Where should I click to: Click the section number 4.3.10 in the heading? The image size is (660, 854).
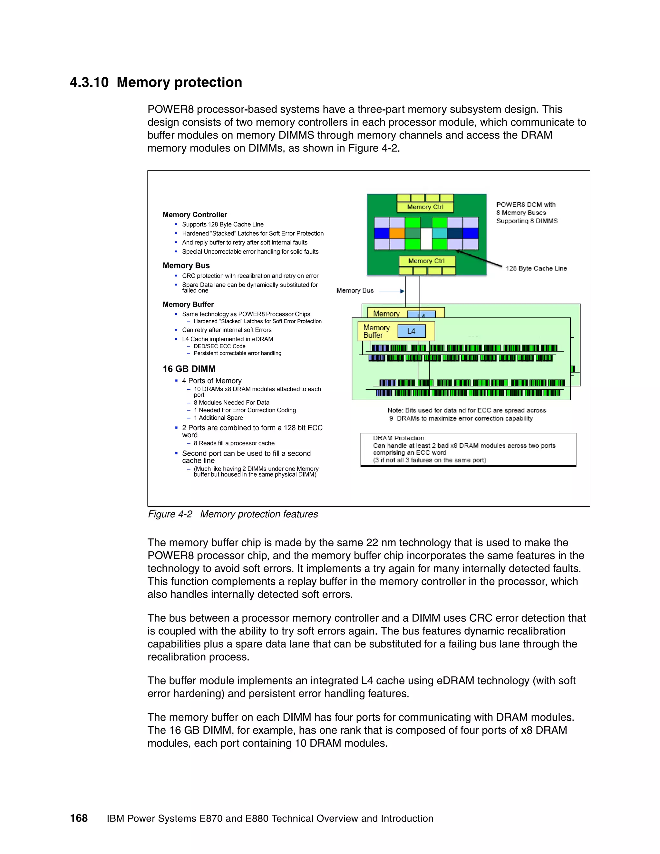tap(89, 82)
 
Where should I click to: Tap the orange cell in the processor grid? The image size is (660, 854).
tap(397, 233)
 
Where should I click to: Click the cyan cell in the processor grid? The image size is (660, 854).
tap(440, 233)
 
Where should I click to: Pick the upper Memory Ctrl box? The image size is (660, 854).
tap(425, 207)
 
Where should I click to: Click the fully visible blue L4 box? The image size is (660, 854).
tap(411, 331)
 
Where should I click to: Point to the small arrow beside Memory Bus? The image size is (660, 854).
tap(392, 291)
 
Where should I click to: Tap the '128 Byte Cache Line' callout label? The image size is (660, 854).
tap(536, 268)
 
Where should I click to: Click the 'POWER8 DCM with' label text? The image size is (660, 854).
tap(526, 205)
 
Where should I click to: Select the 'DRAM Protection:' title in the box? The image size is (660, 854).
tap(399, 438)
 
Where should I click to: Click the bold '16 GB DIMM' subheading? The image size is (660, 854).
tap(189, 369)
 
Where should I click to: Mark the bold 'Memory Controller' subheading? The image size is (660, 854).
tap(195, 215)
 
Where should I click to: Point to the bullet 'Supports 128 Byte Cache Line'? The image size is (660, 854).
tap(222, 224)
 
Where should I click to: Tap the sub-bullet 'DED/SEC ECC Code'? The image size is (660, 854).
tap(219, 346)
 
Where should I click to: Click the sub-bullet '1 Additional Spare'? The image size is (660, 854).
tap(218, 418)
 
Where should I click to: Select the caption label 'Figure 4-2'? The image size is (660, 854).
tap(170, 514)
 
